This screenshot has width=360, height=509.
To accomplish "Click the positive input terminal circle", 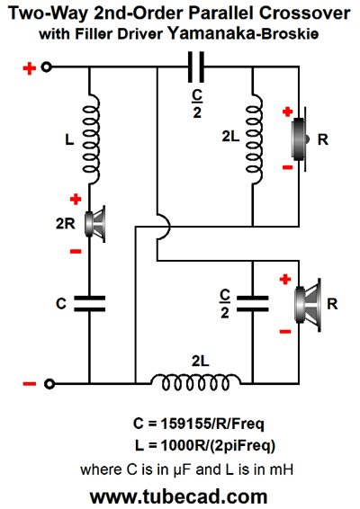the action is (47, 67).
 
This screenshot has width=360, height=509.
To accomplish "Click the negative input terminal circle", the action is (49, 384).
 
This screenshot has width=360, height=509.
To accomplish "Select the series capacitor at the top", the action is (196, 67).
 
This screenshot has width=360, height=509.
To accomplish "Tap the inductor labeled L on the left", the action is (91, 138).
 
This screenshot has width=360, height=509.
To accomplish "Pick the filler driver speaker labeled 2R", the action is (94, 224).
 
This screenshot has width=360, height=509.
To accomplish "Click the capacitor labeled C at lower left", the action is (89, 304).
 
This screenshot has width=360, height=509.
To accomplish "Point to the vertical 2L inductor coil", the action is (254, 138).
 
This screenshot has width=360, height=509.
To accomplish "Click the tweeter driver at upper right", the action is (301, 138).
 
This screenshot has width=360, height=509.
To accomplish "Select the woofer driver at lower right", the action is (308, 305).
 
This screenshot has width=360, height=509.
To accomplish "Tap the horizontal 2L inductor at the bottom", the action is (195, 382).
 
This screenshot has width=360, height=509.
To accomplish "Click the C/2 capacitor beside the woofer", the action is (253, 304).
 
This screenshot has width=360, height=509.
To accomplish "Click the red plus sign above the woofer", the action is (285, 279).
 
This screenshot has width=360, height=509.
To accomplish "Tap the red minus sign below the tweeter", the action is (287, 167).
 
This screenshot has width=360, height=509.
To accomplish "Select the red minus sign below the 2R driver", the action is (76, 251).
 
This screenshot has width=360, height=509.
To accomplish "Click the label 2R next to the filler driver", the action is (66, 224).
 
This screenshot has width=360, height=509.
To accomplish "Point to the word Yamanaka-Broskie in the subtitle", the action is (243, 34).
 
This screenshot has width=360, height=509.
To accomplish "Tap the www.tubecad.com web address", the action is (179, 496).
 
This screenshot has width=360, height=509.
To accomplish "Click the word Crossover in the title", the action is (305, 13).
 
